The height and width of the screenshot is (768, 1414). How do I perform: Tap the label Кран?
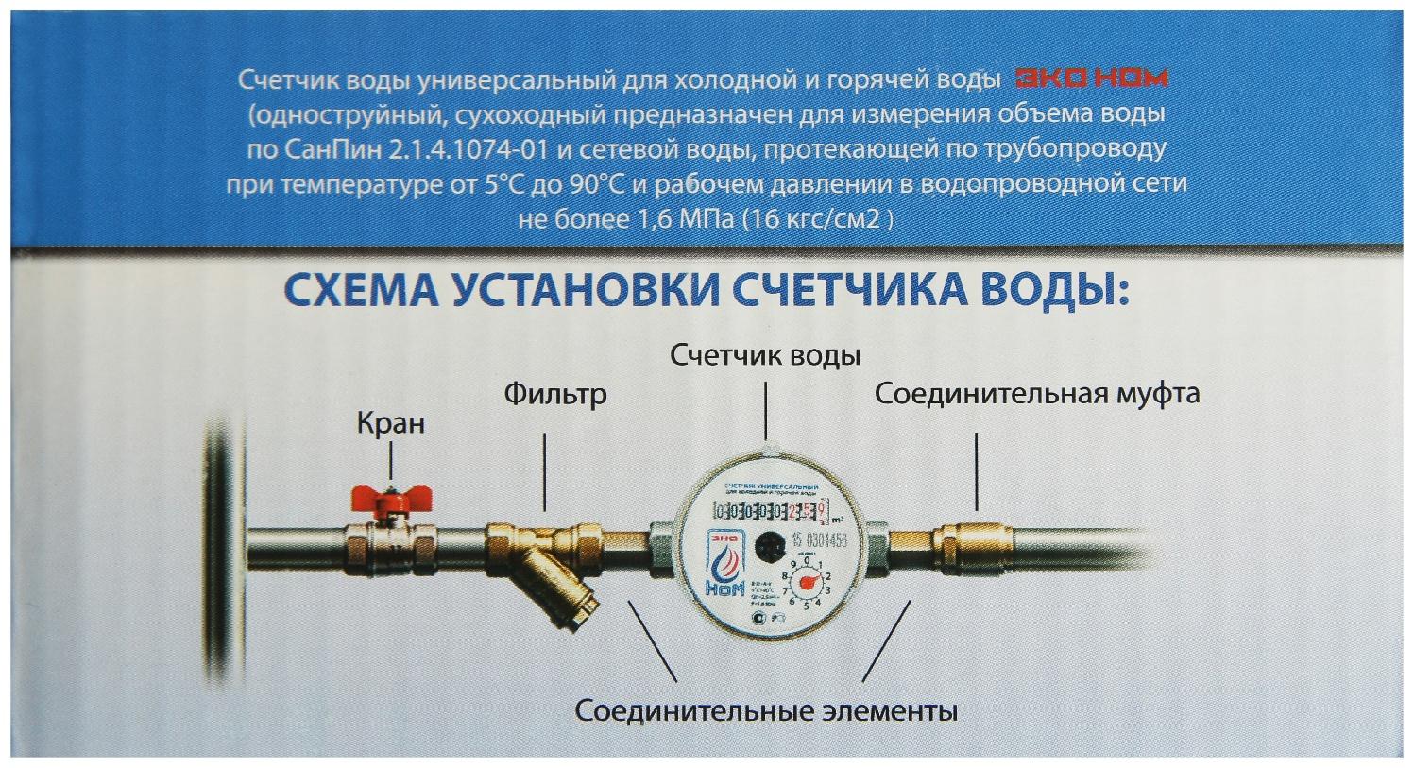click(x=390, y=422)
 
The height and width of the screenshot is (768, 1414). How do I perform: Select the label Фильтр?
click(x=554, y=393)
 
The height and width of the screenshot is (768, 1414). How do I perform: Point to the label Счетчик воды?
click(x=765, y=356)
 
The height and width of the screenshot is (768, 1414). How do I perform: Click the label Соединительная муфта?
click(x=1037, y=393)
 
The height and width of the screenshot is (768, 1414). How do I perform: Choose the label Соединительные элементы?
click(x=766, y=709)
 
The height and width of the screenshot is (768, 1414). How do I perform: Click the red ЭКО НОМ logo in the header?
click(x=1090, y=78)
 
